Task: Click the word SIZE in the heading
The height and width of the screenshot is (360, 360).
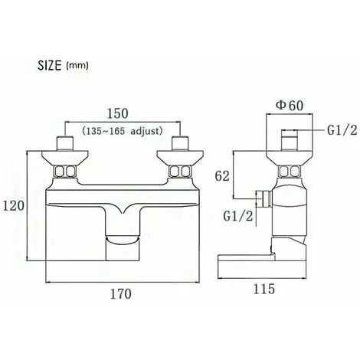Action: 50,65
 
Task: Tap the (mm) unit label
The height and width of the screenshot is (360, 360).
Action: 77,66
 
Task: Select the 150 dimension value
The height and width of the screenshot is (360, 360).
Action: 117,113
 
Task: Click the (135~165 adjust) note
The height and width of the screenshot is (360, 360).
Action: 123,131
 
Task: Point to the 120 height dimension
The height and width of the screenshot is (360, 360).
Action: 13,206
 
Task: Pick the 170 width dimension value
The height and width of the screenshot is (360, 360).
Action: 121,294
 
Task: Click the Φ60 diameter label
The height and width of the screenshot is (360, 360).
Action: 290,106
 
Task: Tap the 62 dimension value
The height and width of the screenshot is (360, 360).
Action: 222,176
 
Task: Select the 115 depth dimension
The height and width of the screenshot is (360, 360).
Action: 263,289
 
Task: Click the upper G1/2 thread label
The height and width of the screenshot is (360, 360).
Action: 342,130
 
